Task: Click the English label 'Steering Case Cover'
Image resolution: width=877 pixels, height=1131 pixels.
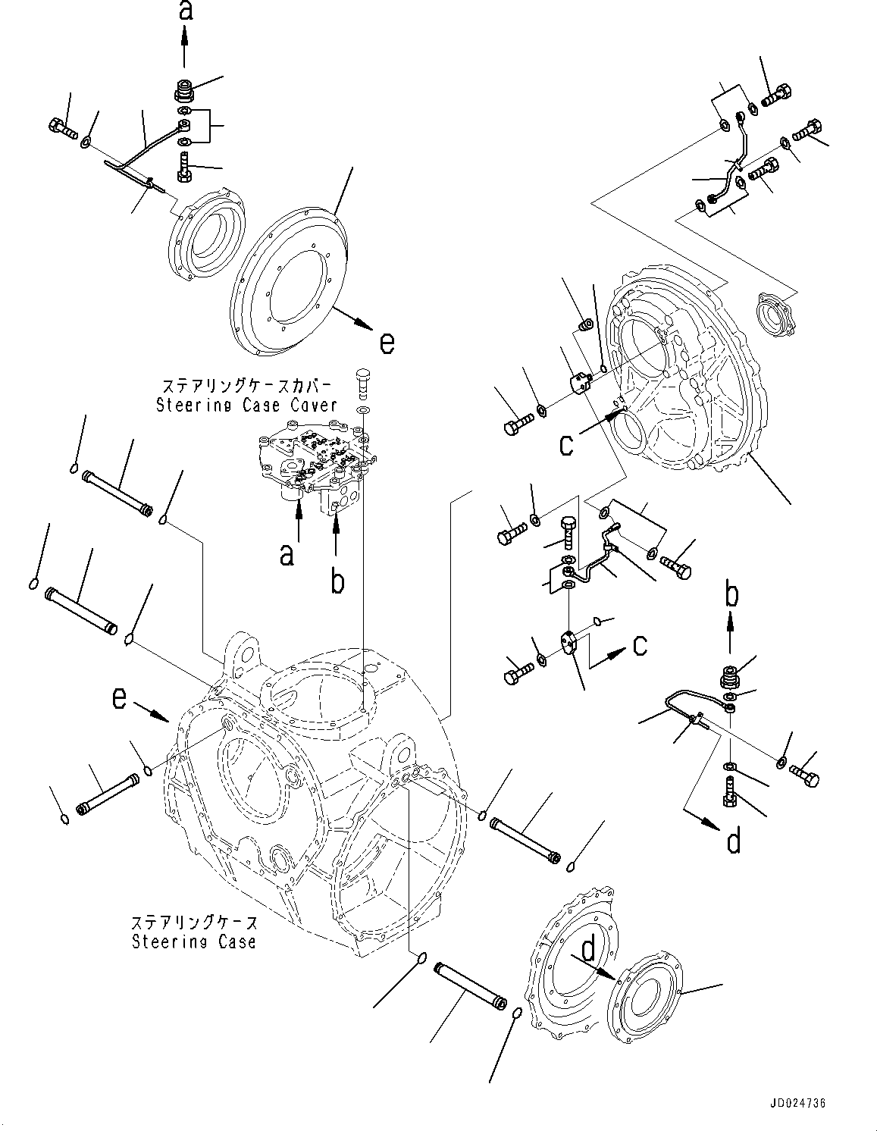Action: point(246,406)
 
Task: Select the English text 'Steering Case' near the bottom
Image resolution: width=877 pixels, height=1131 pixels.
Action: point(193,942)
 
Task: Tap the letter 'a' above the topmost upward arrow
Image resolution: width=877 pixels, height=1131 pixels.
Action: point(184,11)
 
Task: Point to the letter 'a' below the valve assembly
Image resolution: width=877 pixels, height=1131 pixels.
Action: point(287,555)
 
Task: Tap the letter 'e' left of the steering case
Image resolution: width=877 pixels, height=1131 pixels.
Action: point(119,697)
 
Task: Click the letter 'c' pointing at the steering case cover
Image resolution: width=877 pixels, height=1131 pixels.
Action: point(566,444)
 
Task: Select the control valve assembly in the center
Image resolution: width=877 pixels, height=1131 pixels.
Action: point(315,466)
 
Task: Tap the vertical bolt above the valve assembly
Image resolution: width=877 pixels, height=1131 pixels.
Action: point(363,381)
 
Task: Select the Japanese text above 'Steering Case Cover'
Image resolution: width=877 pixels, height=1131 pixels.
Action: point(246,385)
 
